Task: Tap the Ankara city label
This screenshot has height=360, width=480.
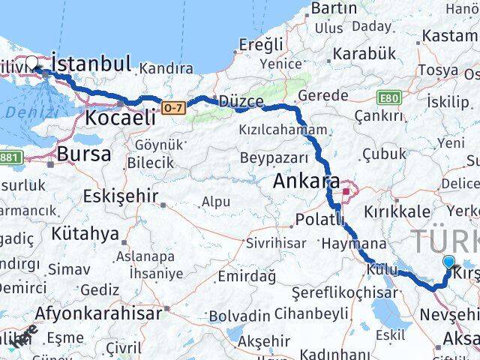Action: (306, 181)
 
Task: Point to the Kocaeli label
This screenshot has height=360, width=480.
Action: (120, 117)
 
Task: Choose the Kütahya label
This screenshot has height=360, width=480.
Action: (85, 233)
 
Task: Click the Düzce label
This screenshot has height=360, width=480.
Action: (241, 102)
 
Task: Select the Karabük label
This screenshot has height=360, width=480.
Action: (364, 54)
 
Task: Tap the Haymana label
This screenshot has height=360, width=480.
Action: (353, 244)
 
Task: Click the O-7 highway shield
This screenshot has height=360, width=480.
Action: (173, 108)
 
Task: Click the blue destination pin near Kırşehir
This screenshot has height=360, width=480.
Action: (448, 262)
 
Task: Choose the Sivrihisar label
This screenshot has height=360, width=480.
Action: (276, 243)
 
